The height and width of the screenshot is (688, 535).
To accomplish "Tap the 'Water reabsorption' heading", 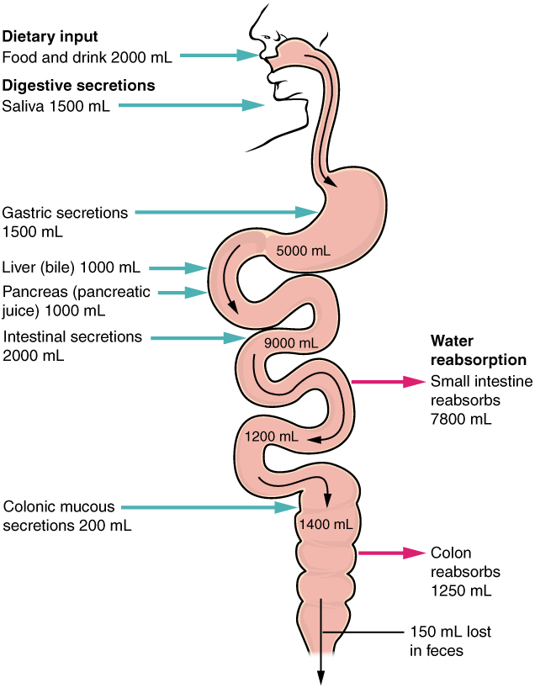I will [x=478, y=350].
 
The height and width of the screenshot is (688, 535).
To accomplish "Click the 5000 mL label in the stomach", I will [x=304, y=251].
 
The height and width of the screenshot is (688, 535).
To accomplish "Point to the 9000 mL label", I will [x=290, y=343].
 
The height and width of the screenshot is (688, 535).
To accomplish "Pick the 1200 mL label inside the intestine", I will [x=271, y=437].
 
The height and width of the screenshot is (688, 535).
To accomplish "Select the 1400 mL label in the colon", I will [x=325, y=524].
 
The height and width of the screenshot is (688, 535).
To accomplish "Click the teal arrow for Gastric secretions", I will [x=227, y=213].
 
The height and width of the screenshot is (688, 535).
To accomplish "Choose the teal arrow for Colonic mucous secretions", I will [x=210, y=507].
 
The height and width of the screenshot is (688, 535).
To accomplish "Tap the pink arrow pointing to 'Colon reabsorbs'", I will [x=392, y=553].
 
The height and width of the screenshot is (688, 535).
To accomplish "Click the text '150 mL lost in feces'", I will [x=450, y=640].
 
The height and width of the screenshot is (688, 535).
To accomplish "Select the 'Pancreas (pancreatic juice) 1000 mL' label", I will [x=77, y=301].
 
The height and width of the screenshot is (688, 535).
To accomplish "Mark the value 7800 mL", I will [x=461, y=417].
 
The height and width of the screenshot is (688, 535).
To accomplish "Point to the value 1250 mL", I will [x=461, y=590].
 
